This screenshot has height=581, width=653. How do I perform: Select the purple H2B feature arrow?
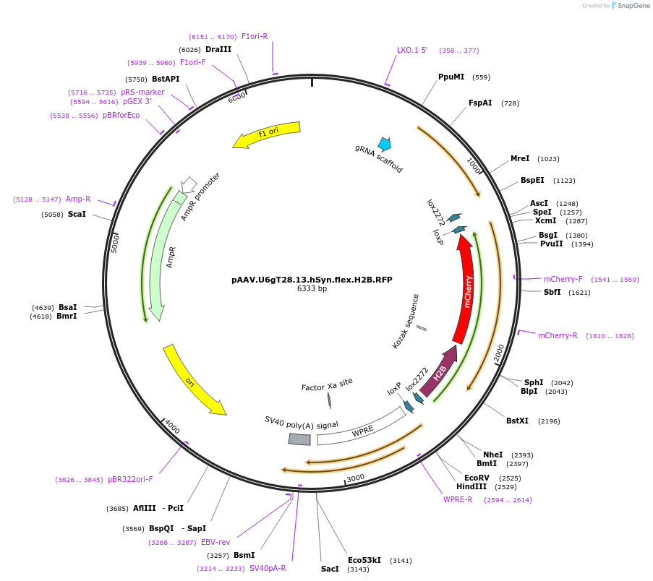coord(439,373)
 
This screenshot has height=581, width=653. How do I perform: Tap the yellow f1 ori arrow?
coord(266,134)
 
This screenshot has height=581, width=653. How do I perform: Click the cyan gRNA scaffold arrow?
coord(384,144)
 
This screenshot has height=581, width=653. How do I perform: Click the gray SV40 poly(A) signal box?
coord(299,439)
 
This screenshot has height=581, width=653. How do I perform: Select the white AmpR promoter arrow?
coord(189,184)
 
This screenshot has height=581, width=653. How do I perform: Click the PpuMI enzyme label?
coord(451,77)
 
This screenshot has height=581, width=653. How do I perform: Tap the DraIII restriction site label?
coord(218,49)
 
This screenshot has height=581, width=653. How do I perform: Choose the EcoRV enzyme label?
coord(477,478)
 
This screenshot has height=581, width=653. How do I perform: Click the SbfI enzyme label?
coord(557,292)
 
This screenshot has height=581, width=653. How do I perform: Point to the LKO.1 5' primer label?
coord(412,50)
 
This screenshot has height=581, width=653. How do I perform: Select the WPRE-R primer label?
coord(458,499)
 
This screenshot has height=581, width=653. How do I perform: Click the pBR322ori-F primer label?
coord(130,479)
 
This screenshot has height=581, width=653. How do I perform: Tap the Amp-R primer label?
coord(78,199)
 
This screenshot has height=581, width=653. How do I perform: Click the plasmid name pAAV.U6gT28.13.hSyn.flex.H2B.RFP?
coord(312,279)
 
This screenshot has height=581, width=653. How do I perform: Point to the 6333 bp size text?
coord(312,288)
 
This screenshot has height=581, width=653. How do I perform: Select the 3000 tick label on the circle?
coord(356,478)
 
